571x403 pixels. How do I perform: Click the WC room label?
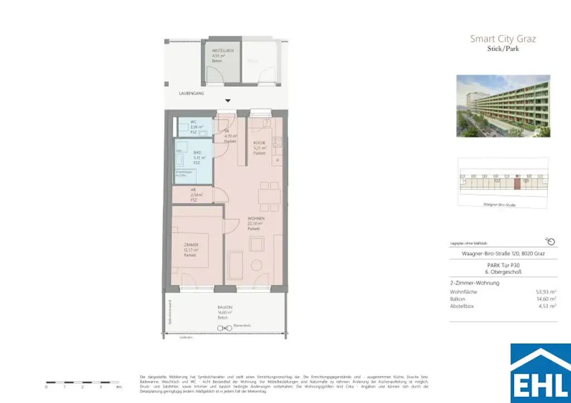(193, 122)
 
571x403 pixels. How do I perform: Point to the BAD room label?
(197, 153)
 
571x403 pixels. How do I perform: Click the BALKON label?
(225, 308)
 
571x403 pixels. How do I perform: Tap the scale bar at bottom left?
(82, 382)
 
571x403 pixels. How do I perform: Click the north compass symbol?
(550, 241)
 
